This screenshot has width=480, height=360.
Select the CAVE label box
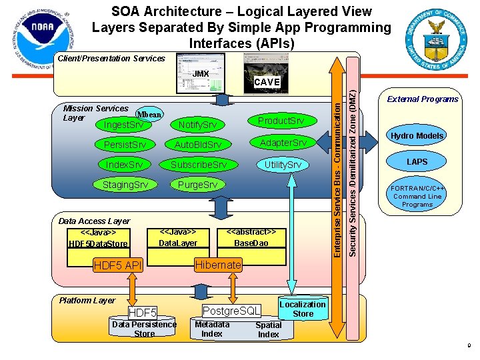point(267,82)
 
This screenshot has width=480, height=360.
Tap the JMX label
point(201,73)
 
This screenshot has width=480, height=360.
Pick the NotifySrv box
point(197,125)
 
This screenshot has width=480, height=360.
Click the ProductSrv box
point(281,121)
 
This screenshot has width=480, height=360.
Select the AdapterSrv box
point(283,143)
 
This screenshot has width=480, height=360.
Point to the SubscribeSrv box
point(198,165)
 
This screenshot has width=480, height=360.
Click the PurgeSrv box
point(197,184)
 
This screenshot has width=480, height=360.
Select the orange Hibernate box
point(218,265)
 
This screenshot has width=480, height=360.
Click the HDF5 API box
point(117,265)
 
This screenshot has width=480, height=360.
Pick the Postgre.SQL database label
point(231,311)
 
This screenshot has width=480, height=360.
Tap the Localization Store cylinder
point(303,309)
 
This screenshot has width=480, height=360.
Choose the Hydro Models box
point(417,136)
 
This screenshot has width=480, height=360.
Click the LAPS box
point(417,162)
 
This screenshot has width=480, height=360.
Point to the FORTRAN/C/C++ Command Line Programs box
point(417,197)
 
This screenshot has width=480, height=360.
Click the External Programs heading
point(423,99)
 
